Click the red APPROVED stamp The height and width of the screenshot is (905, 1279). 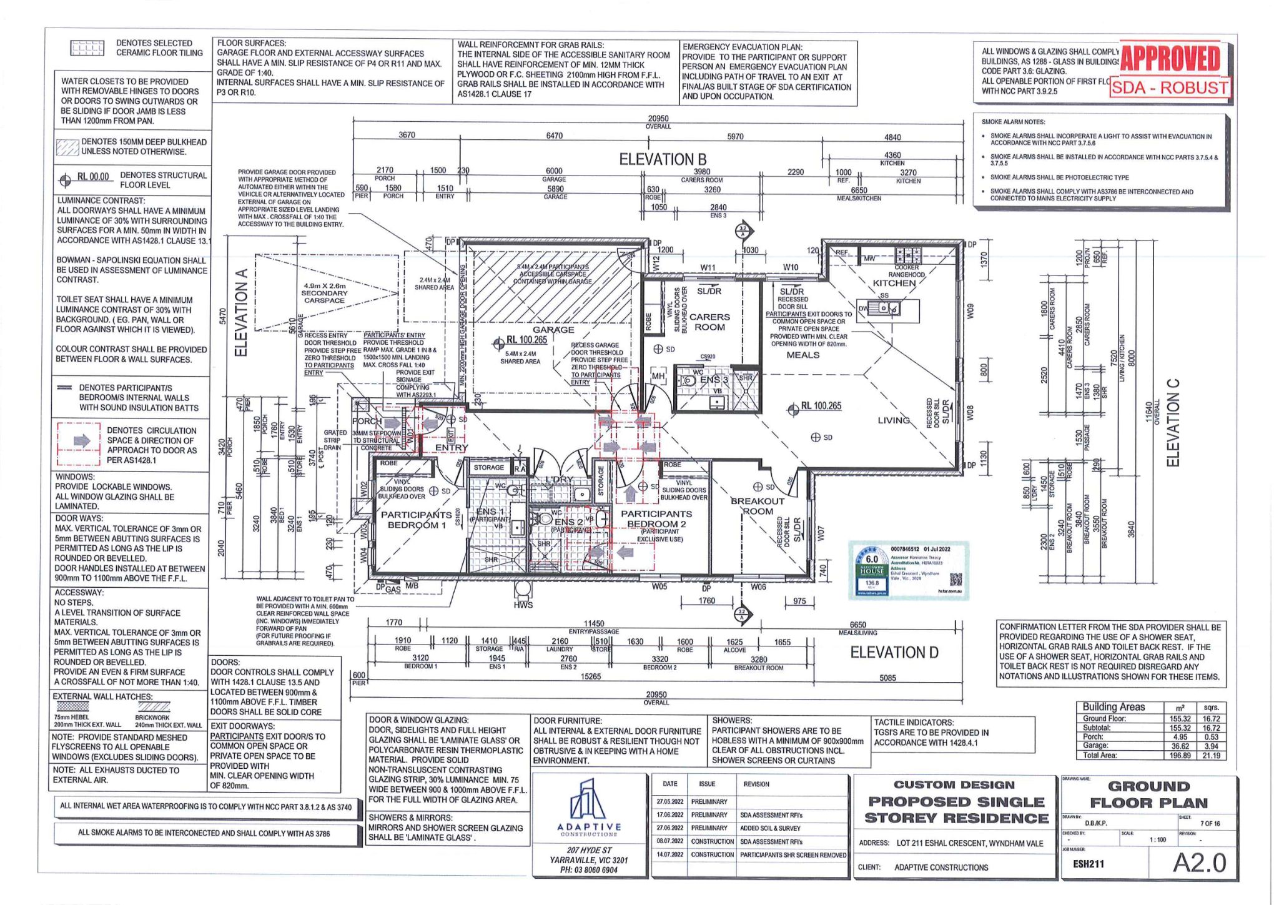point(1170,60)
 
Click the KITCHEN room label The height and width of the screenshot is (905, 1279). point(894,283)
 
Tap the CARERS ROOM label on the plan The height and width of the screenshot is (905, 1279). point(709,322)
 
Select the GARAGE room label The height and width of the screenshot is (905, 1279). point(553,330)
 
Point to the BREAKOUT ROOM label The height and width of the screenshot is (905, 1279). point(758,506)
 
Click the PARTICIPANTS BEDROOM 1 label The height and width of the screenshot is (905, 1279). point(417,520)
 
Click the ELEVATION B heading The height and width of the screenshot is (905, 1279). point(663,159)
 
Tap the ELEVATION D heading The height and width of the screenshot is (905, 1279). point(894,653)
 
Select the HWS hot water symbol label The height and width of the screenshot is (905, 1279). point(523,605)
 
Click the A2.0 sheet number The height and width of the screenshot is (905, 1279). point(1199,863)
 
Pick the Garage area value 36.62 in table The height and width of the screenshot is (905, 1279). point(1180,746)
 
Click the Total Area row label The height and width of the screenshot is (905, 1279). point(1100,755)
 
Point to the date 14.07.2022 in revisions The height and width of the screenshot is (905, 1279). point(669,855)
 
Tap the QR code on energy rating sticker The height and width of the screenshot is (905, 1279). point(956,579)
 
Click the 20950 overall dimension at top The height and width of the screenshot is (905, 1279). point(658,119)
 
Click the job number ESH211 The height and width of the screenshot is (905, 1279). point(1089,864)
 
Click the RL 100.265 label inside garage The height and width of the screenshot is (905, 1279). point(526,340)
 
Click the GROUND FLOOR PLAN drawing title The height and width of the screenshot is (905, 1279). point(1148,794)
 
